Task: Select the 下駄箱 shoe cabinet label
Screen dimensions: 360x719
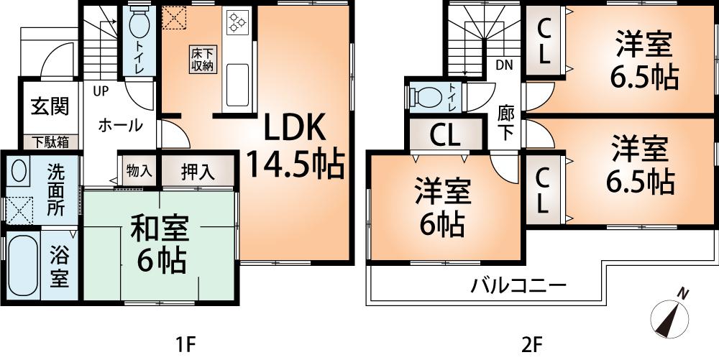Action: pos(49,142)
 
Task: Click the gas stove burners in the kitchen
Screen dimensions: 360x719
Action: pos(237,23)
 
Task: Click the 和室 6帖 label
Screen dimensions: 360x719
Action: pos(159,244)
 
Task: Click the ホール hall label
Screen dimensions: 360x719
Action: pos(119,125)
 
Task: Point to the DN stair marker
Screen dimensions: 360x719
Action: pos(504,65)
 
